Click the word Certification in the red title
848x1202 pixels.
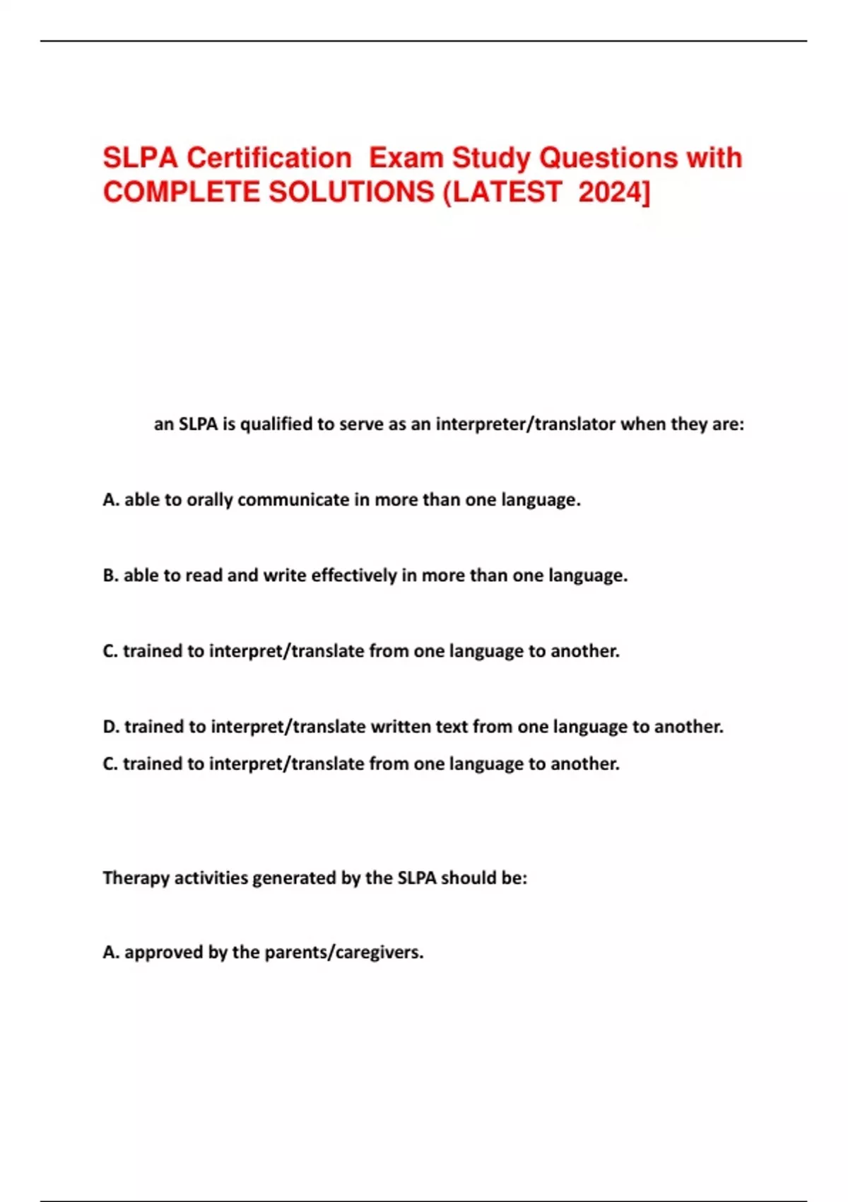269,158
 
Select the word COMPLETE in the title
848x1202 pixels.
181,192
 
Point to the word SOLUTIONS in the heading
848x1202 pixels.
352,192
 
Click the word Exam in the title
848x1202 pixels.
406,158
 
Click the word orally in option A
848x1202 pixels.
209,500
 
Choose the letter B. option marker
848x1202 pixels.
110,576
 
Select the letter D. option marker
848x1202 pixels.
111,727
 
